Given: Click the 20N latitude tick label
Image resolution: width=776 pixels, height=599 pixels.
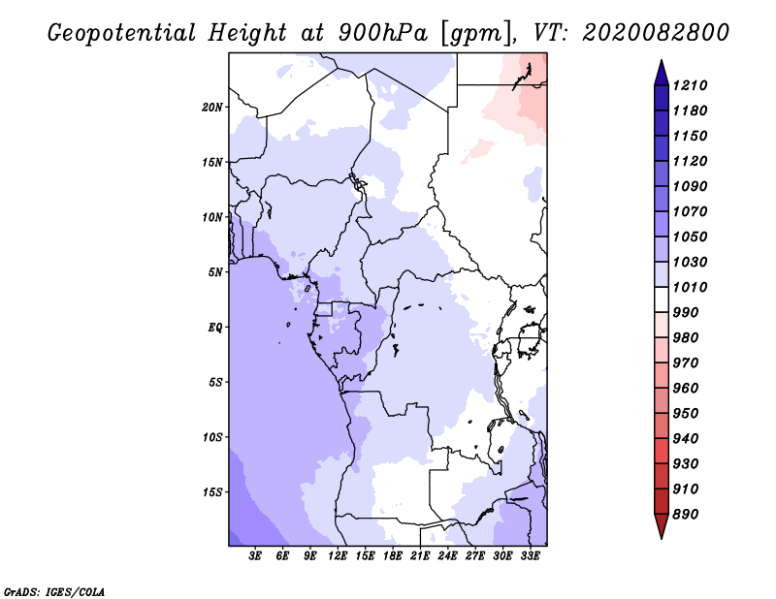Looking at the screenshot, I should coord(212,107).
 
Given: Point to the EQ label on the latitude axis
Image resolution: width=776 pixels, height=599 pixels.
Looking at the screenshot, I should coord(214,327).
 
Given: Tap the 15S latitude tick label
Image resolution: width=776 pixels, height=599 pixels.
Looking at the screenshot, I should coord(212,491).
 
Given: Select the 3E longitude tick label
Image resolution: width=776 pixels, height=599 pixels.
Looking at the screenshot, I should coord(256,556).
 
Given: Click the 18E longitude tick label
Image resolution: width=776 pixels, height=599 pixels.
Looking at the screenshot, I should coord(393,556).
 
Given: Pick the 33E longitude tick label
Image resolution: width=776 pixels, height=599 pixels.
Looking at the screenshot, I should coord(530,556).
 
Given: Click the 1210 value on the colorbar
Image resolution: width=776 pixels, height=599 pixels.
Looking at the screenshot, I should coord(693,85).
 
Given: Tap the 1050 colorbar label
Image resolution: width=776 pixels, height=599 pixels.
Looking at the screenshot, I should coord(693,236).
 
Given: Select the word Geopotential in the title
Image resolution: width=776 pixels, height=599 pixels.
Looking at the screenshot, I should coord(122,33).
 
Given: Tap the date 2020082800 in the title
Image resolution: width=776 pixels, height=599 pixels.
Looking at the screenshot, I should coord(656,33).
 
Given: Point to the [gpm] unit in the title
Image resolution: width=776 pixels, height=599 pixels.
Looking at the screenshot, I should coord(475,33).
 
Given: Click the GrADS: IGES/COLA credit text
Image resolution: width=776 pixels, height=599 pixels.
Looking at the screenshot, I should coord(41,590).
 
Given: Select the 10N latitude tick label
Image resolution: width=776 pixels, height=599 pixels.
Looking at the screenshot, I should coord(212,217).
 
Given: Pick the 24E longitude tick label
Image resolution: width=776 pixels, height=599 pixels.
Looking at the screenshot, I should coord(448,556).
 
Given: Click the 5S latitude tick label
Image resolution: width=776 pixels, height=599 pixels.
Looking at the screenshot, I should coord(215,382).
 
